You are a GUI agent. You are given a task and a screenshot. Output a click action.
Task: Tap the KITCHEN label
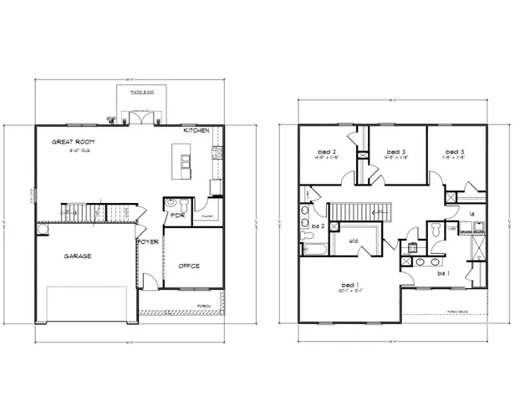tap(198, 132)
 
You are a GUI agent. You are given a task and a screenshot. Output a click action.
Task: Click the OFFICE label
tap(189, 266)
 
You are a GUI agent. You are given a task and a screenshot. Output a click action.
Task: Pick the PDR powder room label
tap(176, 215)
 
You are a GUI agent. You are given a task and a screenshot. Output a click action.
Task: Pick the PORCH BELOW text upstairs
tap(459, 309)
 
